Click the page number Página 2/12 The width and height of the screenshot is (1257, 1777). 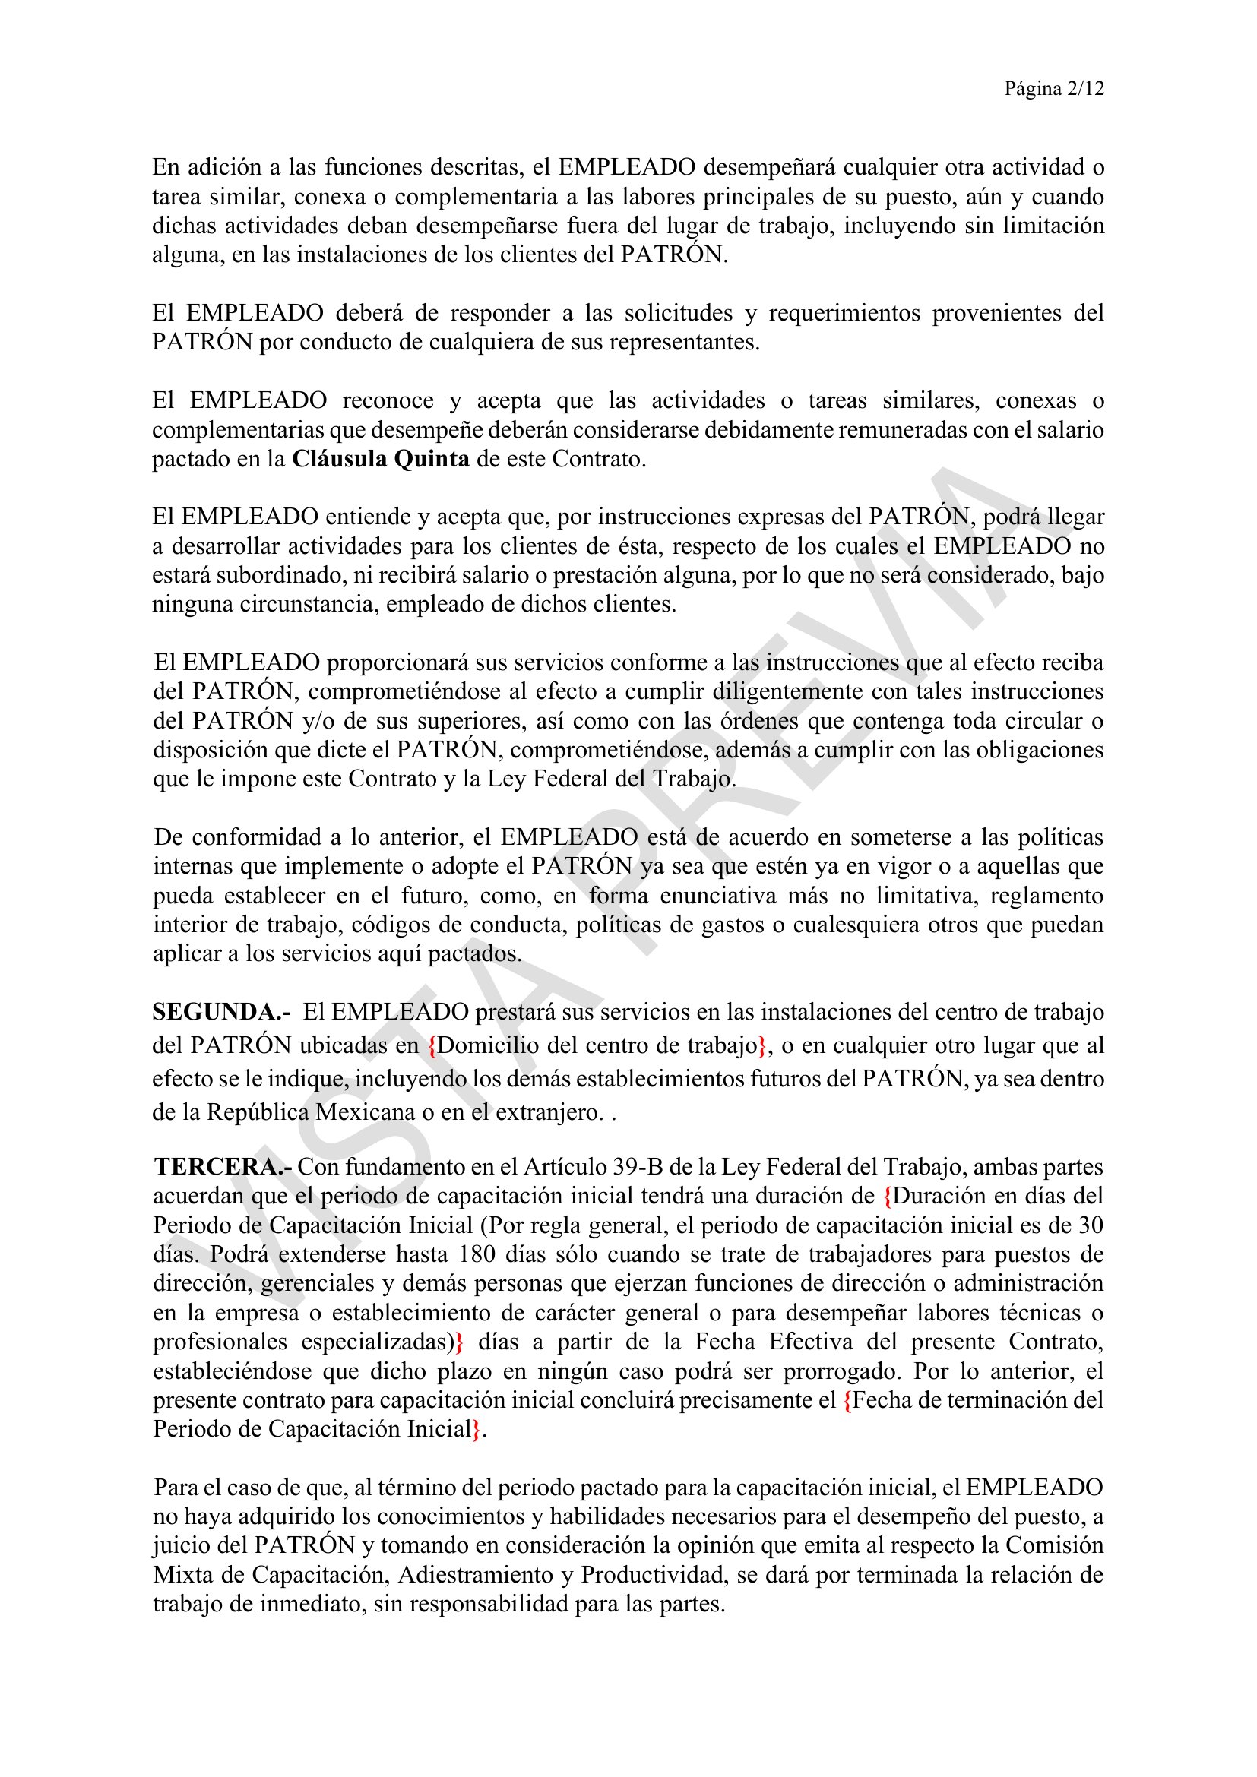pos(1053,89)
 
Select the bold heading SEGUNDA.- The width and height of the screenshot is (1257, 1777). pos(221,1011)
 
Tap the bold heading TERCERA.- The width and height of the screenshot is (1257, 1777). pos(223,1166)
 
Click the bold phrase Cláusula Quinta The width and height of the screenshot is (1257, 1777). pos(380,459)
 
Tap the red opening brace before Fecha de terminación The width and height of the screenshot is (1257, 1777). pos(847,1399)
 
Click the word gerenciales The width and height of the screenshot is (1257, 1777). pos(318,1283)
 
